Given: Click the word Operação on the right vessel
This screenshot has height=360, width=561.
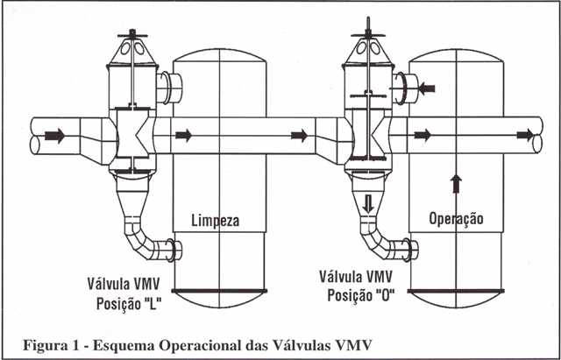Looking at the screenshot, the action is [456, 218].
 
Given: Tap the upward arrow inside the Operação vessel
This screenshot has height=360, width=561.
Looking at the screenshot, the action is [456, 183].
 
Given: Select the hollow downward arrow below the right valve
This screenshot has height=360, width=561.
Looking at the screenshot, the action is [368, 204].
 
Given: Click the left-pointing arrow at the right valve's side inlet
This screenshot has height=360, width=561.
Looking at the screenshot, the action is [427, 88].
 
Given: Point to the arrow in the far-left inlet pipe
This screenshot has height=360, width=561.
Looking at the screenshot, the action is [54, 136].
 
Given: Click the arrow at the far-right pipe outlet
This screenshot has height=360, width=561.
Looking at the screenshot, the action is [525, 135].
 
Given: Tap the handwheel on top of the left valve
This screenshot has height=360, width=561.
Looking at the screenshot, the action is [132, 35].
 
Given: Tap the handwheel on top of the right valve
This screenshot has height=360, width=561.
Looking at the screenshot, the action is [368, 35].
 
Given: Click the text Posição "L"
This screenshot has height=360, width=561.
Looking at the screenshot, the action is [129, 304].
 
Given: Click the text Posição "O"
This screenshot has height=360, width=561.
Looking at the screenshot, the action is [361, 295].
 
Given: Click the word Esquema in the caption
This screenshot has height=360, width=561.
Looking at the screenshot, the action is [124, 345].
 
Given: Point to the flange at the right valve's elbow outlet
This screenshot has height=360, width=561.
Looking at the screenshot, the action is [408, 248].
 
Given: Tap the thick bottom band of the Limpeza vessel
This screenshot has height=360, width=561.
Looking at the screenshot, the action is [219, 291].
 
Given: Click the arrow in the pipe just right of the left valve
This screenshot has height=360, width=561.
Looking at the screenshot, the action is [183, 135].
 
